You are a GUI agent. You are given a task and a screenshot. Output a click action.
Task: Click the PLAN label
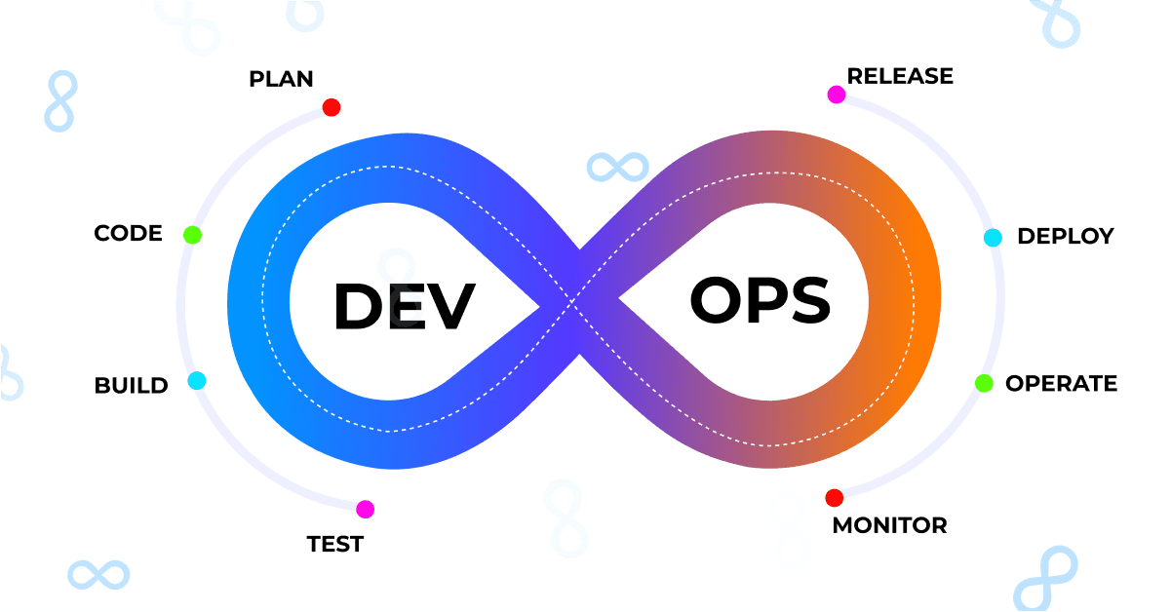[x=281, y=79]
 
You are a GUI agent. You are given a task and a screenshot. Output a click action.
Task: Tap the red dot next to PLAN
[x=332, y=107]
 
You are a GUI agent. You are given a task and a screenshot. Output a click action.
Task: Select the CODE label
[x=128, y=233]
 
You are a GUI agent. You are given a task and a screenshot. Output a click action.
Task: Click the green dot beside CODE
[x=192, y=235]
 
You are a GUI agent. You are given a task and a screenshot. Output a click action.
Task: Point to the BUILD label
[x=132, y=386]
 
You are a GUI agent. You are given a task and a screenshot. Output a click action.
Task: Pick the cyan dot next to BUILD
[x=197, y=380]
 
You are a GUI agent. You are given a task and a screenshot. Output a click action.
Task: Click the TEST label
[x=335, y=544]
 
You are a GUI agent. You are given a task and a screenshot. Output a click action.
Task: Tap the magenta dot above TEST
[x=366, y=509]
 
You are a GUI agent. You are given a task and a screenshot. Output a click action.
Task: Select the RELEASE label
[x=900, y=76]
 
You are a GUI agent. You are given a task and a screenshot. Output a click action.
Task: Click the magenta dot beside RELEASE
[x=837, y=95]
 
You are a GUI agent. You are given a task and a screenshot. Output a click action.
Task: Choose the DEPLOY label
[x=1066, y=236]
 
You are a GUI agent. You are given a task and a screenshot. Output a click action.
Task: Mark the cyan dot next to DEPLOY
[x=993, y=237]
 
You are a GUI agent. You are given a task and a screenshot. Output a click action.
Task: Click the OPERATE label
[x=1061, y=384]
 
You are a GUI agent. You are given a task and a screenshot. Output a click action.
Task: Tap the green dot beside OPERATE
[x=984, y=383]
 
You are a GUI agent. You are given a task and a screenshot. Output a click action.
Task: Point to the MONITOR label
[x=890, y=526]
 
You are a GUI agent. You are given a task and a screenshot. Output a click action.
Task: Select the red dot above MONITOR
[x=835, y=498]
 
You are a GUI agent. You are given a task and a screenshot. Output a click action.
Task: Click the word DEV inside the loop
[x=405, y=306]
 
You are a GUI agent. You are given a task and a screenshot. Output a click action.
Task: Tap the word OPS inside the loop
[x=761, y=300]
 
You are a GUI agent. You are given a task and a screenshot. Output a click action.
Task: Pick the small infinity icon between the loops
[x=618, y=168]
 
